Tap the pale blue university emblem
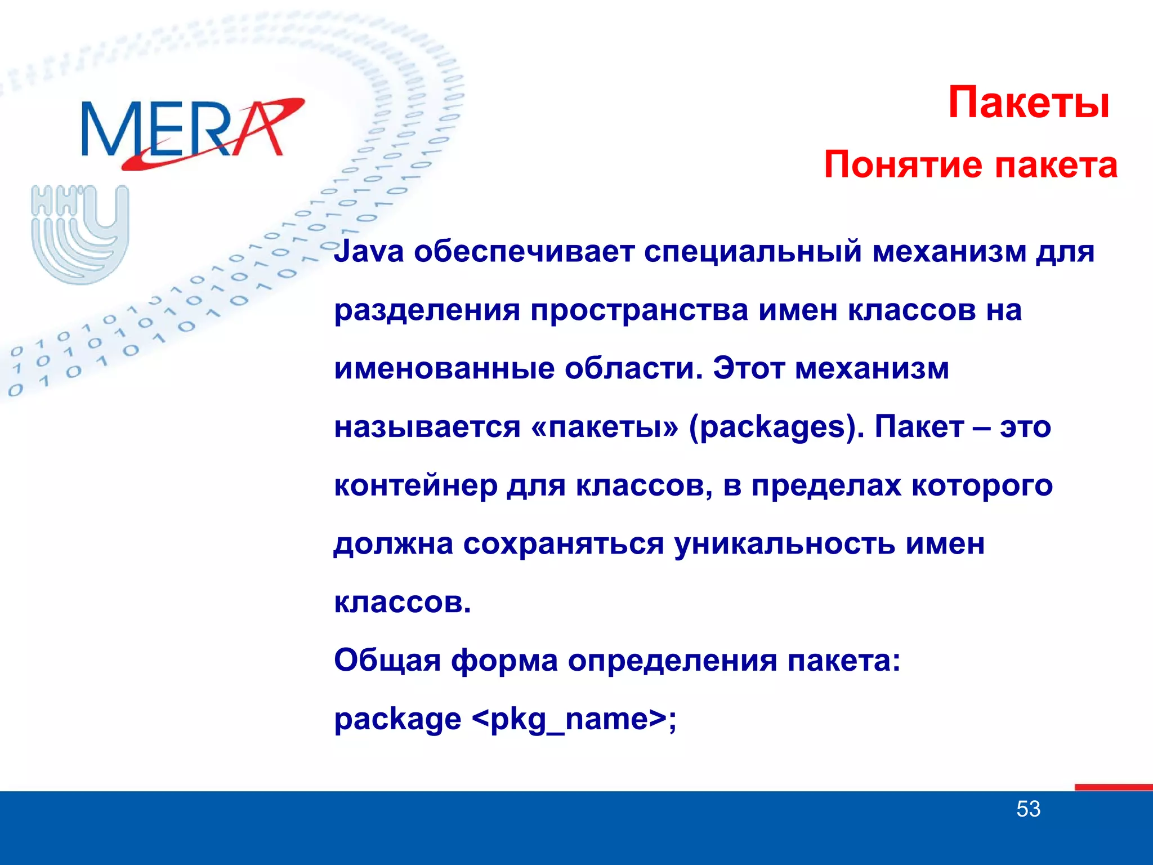(81, 234)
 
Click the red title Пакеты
(1029, 102)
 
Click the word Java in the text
(369, 252)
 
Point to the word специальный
(753, 252)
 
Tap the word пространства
(639, 310)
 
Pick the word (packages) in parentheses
(776, 428)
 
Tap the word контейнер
(415, 486)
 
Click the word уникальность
(784, 545)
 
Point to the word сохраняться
(563, 545)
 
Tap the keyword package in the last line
(397, 720)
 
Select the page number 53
(1028, 809)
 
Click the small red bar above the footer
(1113, 787)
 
